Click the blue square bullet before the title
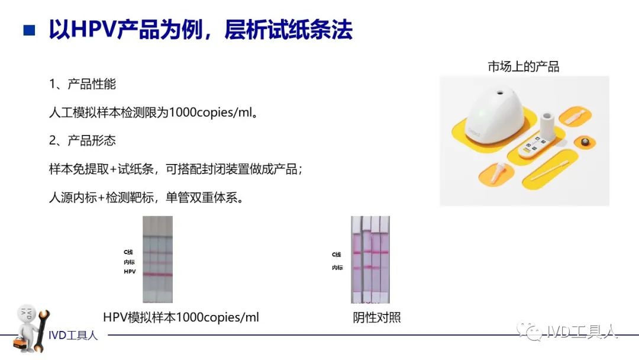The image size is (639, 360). pos(30,30)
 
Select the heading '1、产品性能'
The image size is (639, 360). pos(82,84)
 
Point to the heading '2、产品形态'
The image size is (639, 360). pos(82,141)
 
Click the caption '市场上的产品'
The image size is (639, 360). pos(523,66)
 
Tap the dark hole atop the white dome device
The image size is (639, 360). pos(500,92)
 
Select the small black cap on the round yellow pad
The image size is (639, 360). pos(586,142)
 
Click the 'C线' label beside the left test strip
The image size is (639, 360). pos(128,252)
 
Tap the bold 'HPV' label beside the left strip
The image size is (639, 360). pos(130,272)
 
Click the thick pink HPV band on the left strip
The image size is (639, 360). pos(158,274)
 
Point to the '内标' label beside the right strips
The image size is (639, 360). pos(337,268)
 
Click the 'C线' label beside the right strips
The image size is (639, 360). pos(336,255)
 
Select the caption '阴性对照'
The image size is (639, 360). pos(377,317)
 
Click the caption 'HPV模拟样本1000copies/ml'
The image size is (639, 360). pos(181,317)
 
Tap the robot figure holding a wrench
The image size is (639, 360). pos(32,328)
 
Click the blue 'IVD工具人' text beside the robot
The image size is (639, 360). pos(73,335)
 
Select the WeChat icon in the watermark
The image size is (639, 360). pos(529,332)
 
